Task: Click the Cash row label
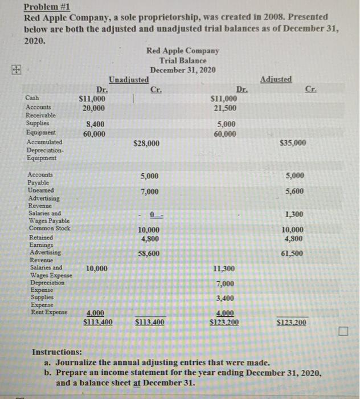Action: (33, 98)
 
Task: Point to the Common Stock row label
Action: (49, 229)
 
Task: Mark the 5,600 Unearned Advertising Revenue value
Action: (294, 192)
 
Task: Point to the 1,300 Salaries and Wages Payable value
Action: (294, 214)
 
